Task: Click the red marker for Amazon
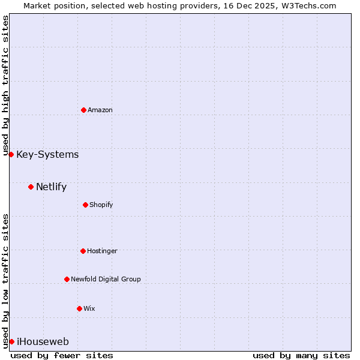pyautogui.click(x=83, y=110)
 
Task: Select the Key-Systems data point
pyautogui.click(x=11, y=154)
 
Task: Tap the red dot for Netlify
pyautogui.click(x=31, y=187)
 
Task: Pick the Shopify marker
pyautogui.click(x=85, y=205)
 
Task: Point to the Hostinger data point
pyautogui.click(x=83, y=251)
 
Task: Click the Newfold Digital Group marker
pyautogui.click(x=67, y=279)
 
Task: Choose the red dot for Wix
pyautogui.click(x=79, y=308)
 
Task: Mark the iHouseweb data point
pyautogui.click(x=11, y=341)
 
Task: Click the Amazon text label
pyautogui.click(x=100, y=110)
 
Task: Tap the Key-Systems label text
pyautogui.click(x=47, y=155)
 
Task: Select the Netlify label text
pyautogui.click(x=51, y=187)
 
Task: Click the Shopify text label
pyautogui.click(x=101, y=205)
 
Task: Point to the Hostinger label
pyautogui.click(x=102, y=251)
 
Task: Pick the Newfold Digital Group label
pyautogui.click(x=106, y=280)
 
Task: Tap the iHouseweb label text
pyautogui.click(x=43, y=342)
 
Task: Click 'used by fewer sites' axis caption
pyautogui.click(x=62, y=355)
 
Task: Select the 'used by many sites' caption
pyautogui.click(x=301, y=355)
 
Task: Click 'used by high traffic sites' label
pyautogui.click(x=5, y=86)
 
